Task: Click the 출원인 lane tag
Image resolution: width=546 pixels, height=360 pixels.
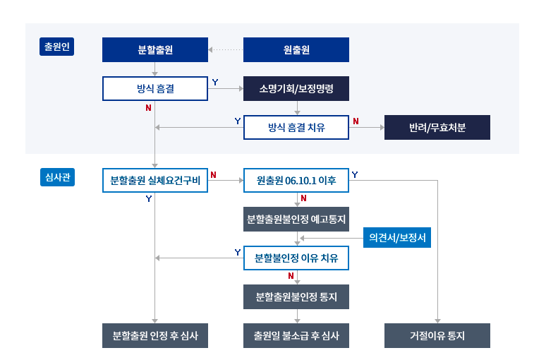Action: (x=56, y=47)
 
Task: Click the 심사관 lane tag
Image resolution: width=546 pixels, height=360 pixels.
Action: (x=56, y=177)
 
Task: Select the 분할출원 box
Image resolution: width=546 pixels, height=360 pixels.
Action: (x=155, y=50)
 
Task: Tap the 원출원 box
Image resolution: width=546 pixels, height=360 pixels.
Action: (x=296, y=50)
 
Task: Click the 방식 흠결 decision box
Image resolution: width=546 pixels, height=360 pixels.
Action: (x=155, y=89)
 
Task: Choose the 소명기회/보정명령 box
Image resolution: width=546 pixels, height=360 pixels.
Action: (x=296, y=89)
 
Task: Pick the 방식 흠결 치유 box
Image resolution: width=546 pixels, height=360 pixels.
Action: (x=296, y=128)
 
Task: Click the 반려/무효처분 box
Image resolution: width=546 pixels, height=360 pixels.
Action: (x=437, y=128)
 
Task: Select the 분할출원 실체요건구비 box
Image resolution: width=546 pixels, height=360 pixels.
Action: (x=155, y=180)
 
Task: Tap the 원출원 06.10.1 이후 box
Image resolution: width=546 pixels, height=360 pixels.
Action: (x=296, y=180)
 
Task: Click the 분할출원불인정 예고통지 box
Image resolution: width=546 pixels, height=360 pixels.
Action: (x=296, y=219)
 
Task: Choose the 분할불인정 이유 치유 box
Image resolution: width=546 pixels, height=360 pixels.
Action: (x=296, y=258)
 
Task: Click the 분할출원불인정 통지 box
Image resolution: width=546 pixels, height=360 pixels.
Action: (x=296, y=297)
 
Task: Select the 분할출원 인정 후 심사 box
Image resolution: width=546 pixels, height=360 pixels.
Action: (x=155, y=336)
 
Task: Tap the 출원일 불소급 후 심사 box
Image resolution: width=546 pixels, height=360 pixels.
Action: (x=296, y=336)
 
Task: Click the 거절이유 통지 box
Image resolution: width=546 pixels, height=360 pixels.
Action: (x=437, y=336)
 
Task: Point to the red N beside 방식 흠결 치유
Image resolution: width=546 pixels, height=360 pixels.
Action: (x=356, y=121)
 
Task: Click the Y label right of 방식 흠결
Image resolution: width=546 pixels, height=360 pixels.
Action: (x=214, y=83)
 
